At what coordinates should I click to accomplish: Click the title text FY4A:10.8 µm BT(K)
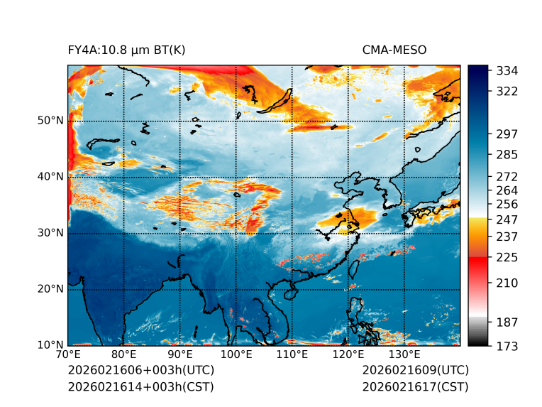point(126,50)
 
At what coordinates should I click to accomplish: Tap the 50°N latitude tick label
point(50,121)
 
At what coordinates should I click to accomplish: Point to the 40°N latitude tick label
point(50,177)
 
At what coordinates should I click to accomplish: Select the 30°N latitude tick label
point(50,233)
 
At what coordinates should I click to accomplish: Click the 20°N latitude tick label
point(50,289)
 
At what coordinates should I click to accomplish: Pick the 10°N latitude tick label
point(50,345)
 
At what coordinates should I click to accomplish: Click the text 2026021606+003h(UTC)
point(140,371)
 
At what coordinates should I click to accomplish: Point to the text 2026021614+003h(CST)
point(140,387)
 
